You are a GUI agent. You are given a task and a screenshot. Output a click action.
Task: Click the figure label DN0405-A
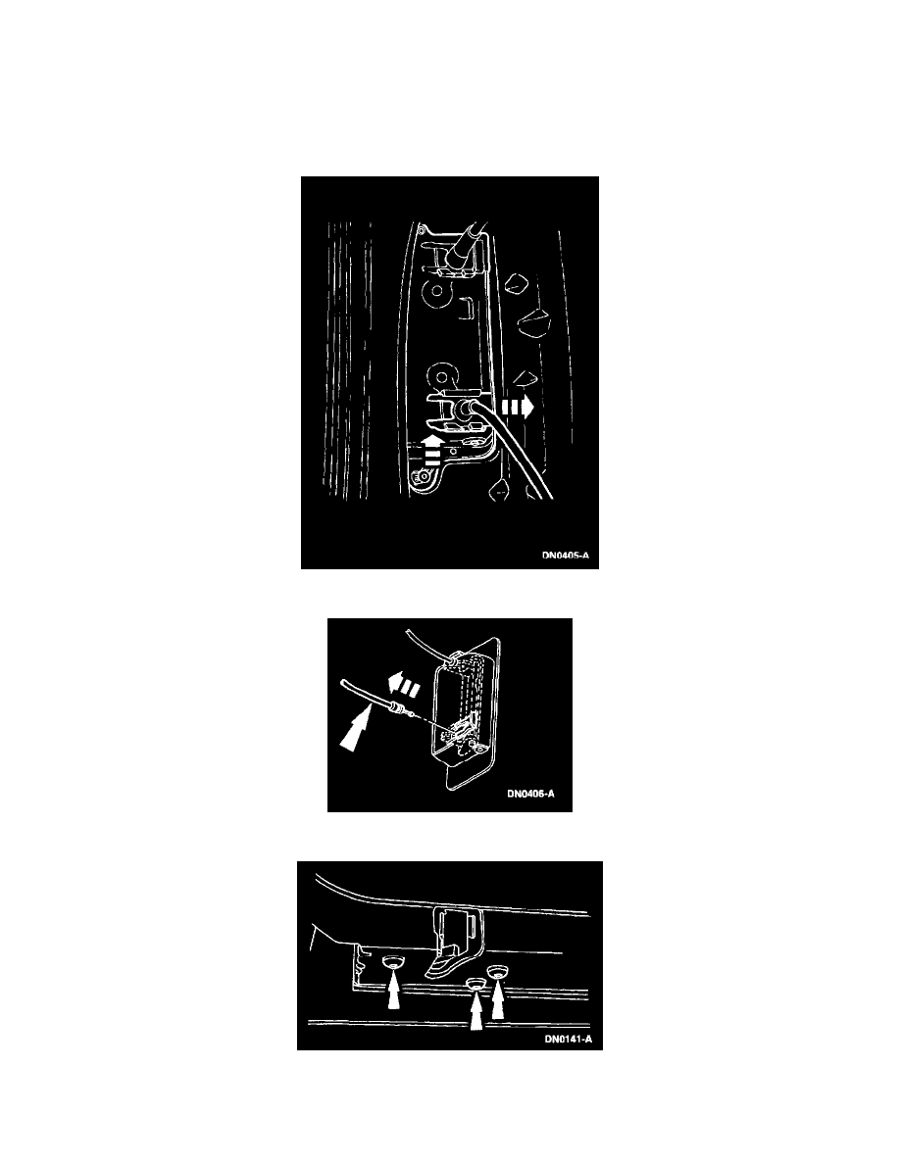[566, 556]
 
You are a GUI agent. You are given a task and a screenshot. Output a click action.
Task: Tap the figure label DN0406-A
[531, 794]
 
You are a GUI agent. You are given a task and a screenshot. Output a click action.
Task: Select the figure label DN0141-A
[569, 1040]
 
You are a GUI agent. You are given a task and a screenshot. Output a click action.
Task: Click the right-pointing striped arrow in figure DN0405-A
[518, 407]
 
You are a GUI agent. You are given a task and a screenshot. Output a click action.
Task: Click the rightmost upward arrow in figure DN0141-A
[497, 999]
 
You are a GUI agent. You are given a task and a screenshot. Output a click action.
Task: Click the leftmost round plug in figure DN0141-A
[393, 963]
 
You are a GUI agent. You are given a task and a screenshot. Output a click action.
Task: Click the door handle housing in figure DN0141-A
[454, 939]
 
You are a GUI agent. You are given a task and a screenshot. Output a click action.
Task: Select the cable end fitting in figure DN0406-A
[398, 709]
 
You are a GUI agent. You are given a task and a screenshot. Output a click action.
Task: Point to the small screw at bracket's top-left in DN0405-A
[421, 231]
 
